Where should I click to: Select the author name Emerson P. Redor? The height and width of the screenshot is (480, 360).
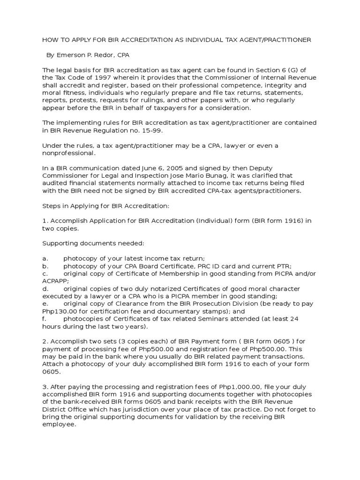point(86,55)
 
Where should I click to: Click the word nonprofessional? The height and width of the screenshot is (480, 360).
point(68,153)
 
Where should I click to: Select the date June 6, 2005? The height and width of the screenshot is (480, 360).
point(149,168)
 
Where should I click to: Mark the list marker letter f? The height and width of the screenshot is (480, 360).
point(44,318)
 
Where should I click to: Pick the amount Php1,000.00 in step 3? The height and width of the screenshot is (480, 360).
point(238,386)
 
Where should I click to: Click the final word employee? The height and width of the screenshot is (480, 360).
point(59,424)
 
